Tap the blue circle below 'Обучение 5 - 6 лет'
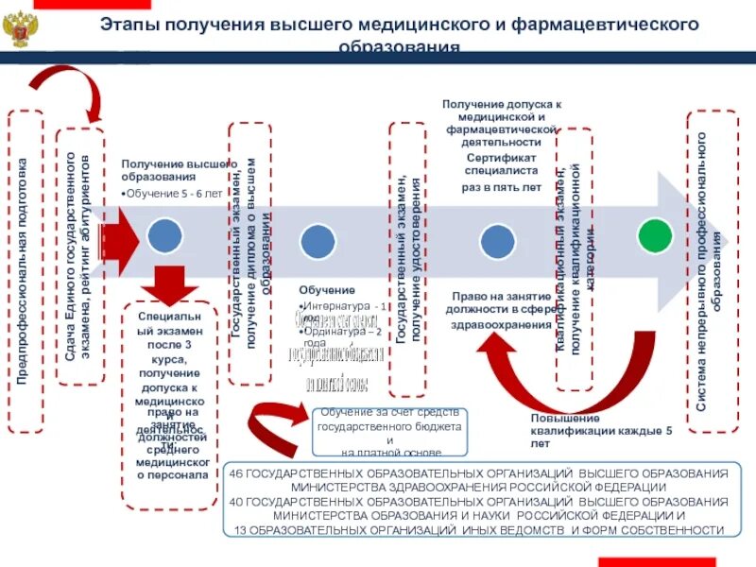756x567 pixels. pyautogui.click(x=164, y=236)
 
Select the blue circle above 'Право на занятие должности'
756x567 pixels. pyautogui.click(x=498, y=240)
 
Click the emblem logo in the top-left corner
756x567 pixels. pyautogui.click(x=20, y=30)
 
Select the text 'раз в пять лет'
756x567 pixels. pyautogui.click(x=502, y=187)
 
